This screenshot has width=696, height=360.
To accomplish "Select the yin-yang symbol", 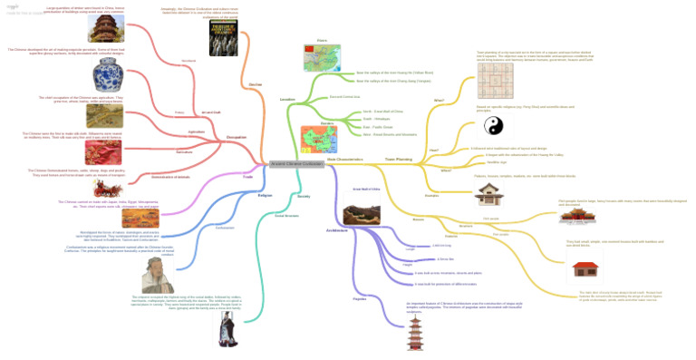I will coord(490,127).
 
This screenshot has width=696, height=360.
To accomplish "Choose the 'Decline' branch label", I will coord(256,83).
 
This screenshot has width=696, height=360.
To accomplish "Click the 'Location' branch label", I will coord(288,99).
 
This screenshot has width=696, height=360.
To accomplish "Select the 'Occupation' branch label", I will coord(237,137).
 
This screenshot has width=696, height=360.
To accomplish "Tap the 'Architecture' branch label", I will coord(337,230).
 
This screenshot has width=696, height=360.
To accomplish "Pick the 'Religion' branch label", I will coord(265,194).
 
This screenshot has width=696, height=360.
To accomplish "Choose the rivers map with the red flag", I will coord(322,57).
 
